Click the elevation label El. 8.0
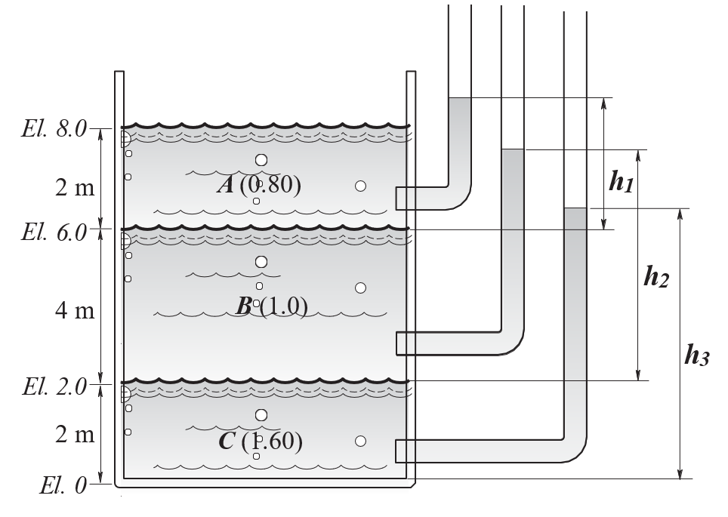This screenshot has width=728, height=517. tap(54, 128)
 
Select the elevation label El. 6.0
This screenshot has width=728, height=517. tap(54, 232)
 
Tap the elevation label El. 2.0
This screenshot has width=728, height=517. tap(54, 386)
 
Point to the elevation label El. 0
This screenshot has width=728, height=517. tap(63, 485)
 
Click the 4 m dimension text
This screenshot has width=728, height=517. tap(75, 310)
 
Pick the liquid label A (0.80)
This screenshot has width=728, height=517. tap(259, 184)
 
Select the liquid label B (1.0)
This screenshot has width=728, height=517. tap(272, 306)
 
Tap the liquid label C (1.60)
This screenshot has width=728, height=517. tap(261, 441)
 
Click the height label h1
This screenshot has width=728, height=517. tap(622, 181)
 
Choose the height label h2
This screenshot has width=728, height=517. tap(656, 277)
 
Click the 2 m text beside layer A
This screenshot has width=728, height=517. tap(75, 187)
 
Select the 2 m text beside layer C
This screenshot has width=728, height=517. tap(75, 435)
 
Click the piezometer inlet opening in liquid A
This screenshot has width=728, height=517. tap(396, 198)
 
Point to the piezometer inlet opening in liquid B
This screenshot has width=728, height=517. tap(397, 343)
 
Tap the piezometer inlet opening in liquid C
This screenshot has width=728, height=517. tap(396, 451)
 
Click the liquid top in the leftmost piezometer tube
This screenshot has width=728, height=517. tap(460, 98)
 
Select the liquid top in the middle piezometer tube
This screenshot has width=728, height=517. tap(513, 149)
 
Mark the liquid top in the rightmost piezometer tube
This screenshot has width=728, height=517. tap(575, 208)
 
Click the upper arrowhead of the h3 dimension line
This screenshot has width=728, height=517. tap(680, 214)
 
